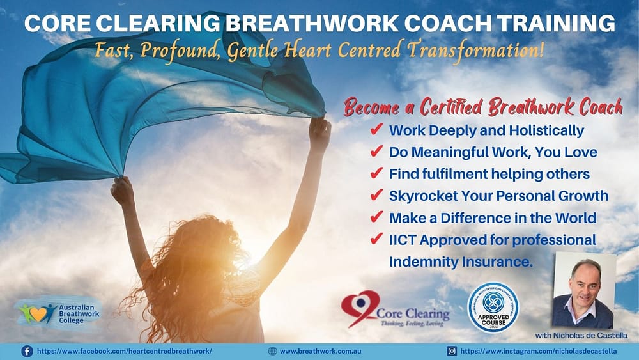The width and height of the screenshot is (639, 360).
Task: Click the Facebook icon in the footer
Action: pos(27,351)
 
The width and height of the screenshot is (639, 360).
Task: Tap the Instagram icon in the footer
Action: pos(452,351)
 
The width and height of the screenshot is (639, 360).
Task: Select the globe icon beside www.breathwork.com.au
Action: pos(273,351)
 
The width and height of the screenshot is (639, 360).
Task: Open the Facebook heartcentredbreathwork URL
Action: pos(125,351)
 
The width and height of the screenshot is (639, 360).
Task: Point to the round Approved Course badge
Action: pos(493,308)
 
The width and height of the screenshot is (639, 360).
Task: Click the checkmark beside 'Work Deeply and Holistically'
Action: pos(376,130)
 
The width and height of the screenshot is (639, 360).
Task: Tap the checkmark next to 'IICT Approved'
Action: pos(376,240)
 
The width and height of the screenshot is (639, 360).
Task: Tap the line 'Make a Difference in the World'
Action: pos(492,217)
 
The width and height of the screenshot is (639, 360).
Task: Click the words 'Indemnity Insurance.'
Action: pos(461,262)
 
